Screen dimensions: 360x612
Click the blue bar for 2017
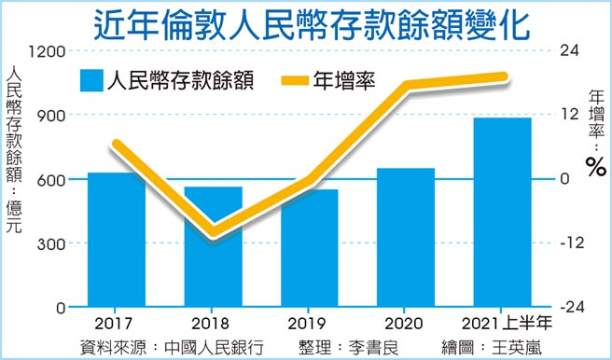point(117,240)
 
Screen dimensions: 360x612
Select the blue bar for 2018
point(214,246)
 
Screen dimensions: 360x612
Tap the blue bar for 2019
point(310,248)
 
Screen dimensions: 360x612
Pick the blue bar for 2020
point(406,237)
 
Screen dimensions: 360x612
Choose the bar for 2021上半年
point(503,212)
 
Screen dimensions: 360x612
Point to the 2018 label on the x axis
point(214,323)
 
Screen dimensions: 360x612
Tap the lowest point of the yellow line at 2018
point(215,231)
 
